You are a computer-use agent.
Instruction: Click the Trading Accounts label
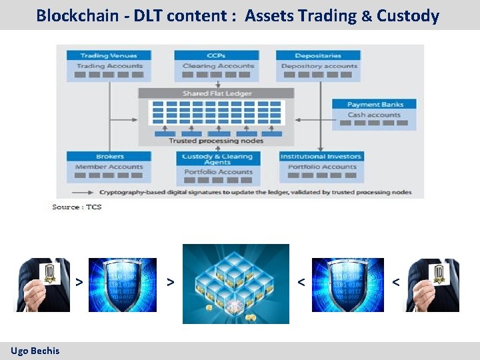109,66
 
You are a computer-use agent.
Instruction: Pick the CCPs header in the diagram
216,55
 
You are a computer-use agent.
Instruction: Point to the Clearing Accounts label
218,66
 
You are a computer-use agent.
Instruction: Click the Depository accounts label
319,66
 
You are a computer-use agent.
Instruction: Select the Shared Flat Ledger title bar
215,93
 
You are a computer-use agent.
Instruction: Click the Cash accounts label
374,115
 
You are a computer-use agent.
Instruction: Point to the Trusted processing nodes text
215,141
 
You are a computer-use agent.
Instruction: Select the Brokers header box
109,157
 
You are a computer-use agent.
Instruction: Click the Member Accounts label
109,167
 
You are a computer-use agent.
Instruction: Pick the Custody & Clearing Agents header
217,159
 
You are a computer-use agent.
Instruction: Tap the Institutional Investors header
321,157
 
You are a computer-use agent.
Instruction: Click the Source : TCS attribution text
77,207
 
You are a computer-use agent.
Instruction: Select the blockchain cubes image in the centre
236,283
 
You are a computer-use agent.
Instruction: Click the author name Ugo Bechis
35,351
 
